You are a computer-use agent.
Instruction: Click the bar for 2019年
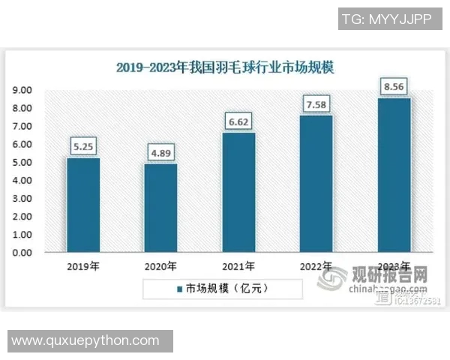(82, 205)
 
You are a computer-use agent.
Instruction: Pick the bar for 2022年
(316, 184)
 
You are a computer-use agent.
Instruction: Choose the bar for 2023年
(394, 175)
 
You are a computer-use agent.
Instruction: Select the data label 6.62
(238, 121)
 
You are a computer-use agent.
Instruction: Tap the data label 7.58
(316, 103)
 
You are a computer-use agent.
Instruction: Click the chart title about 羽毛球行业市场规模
(225, 67)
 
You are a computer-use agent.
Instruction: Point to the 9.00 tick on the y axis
(22, 90)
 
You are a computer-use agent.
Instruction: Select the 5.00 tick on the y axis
(22, 162)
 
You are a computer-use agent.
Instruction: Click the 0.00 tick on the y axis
(22, 253)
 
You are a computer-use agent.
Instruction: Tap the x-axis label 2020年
(160, 265)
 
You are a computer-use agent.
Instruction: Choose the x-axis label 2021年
(238, 265)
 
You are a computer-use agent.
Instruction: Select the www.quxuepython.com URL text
(85, 340)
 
